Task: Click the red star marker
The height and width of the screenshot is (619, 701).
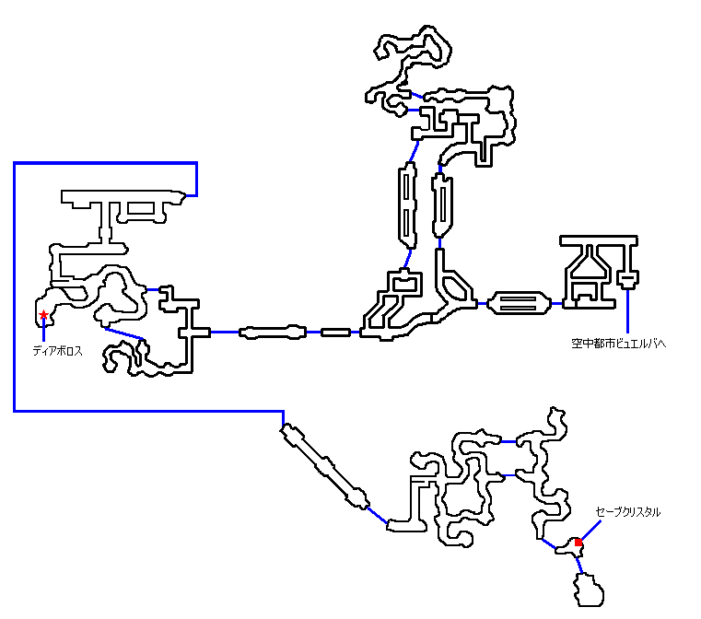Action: (43, 315)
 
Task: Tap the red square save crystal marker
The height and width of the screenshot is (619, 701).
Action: (578, 543)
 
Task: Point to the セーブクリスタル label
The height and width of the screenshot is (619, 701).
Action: (627, 511)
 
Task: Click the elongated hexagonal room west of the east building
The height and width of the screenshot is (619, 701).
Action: (520, 302)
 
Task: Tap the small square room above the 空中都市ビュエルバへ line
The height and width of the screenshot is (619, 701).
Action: (628, 277)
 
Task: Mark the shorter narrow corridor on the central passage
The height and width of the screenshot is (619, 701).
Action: (335, 332)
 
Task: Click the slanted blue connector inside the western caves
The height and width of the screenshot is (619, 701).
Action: (125, 333)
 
